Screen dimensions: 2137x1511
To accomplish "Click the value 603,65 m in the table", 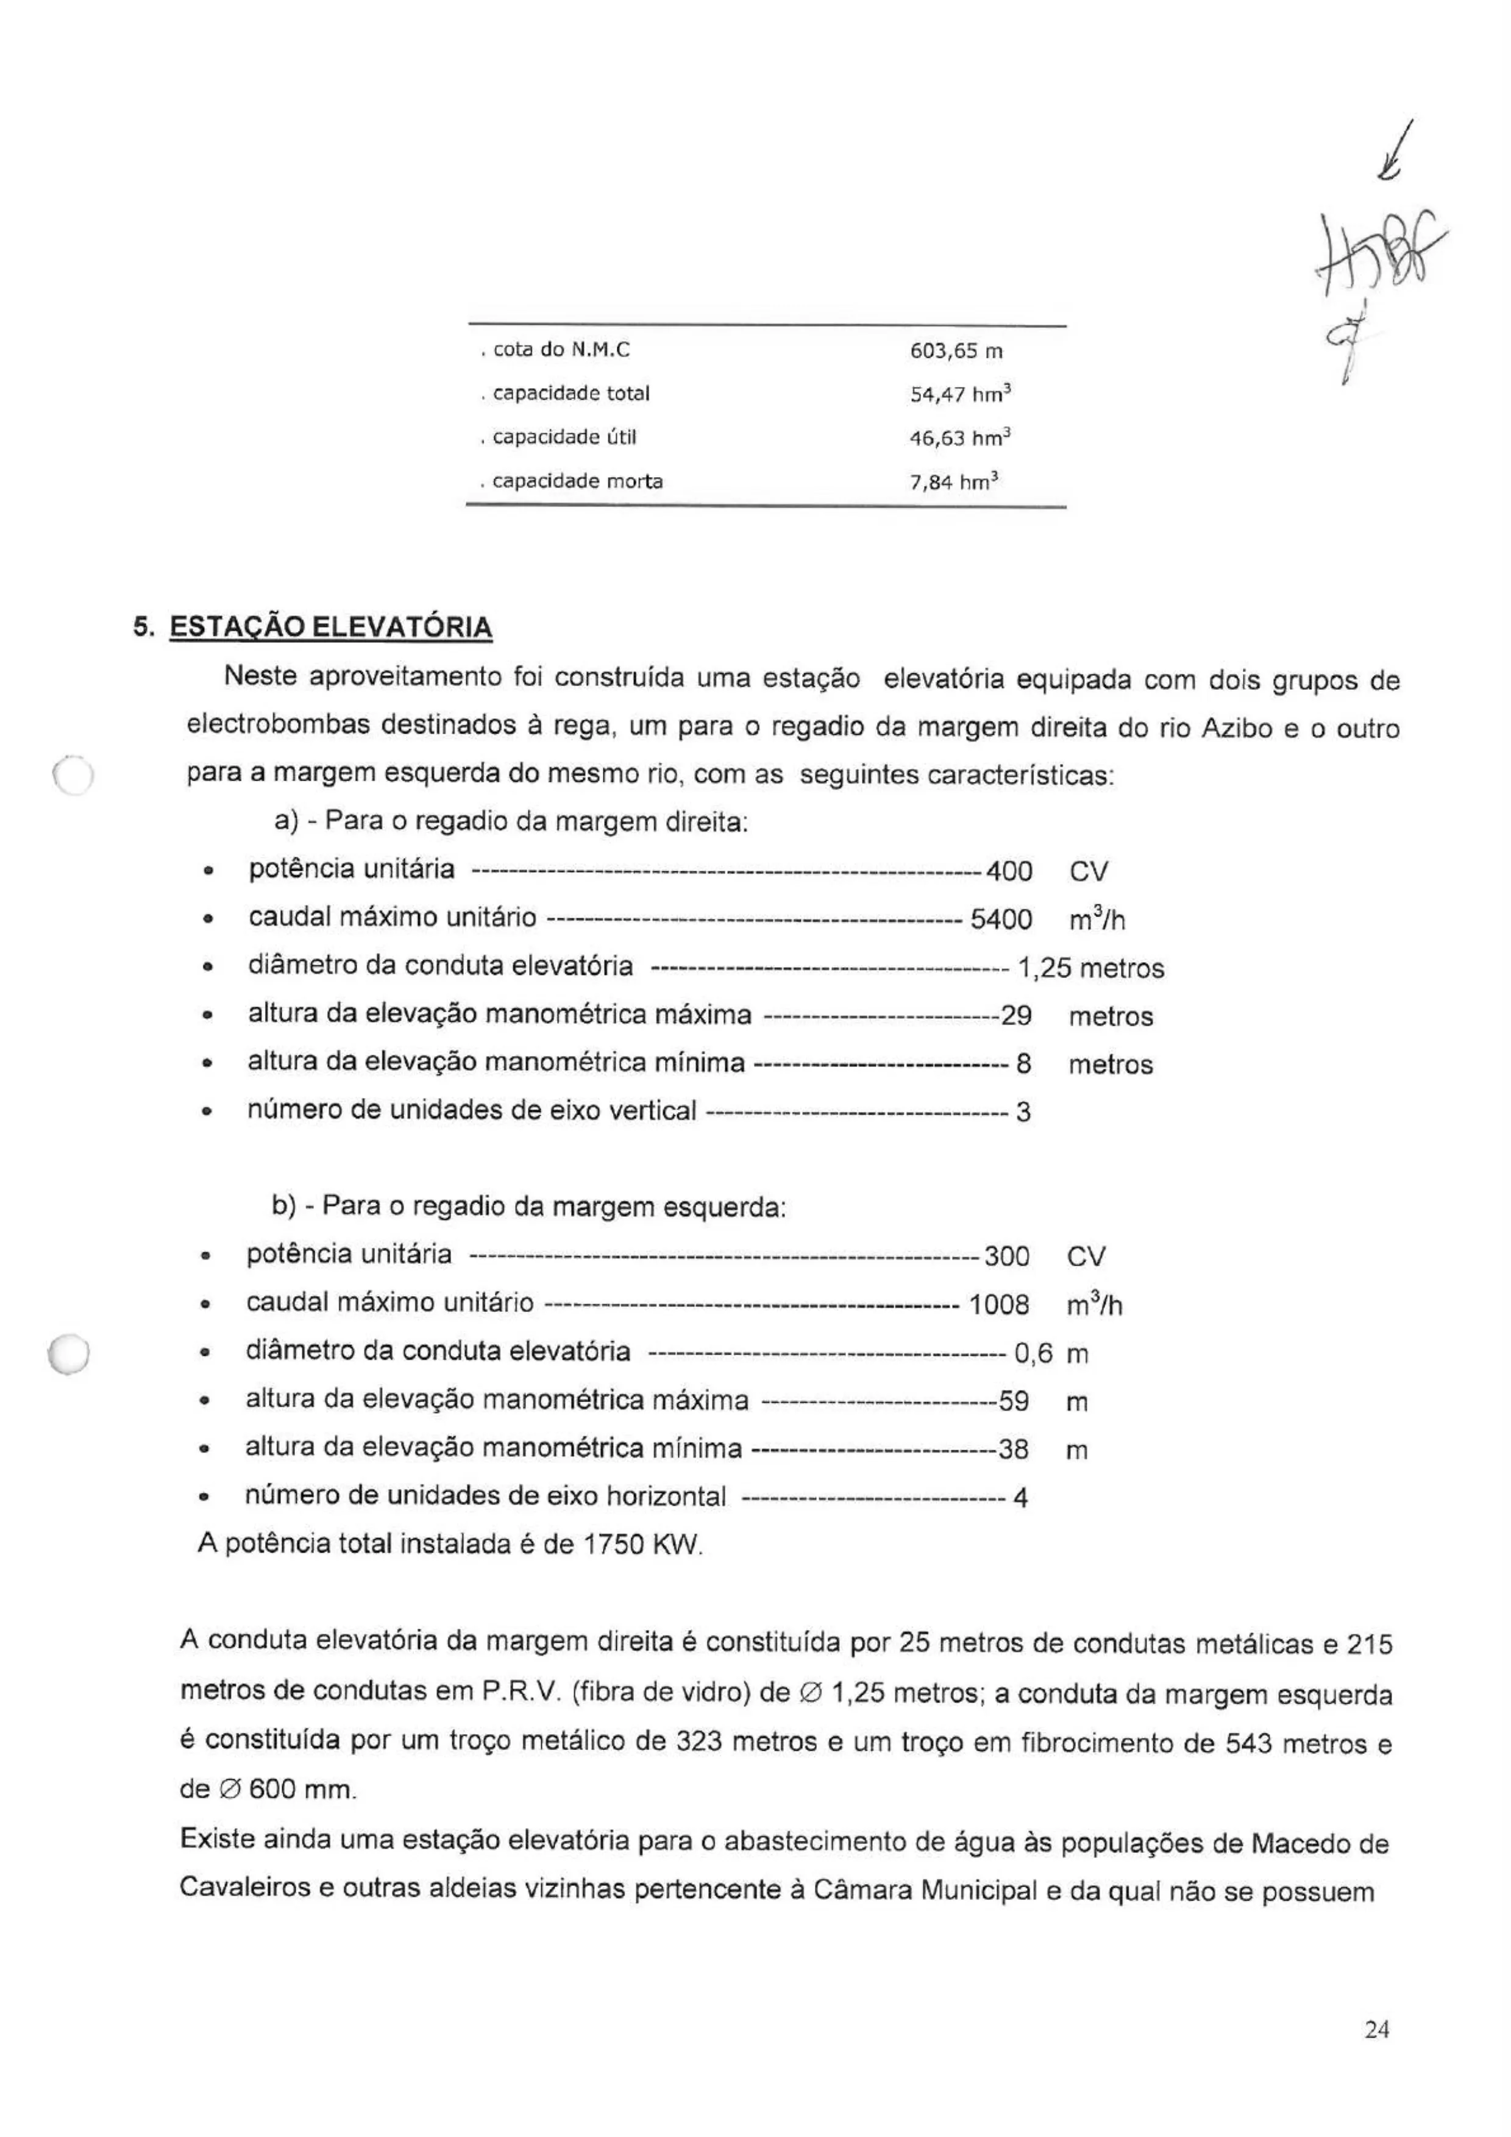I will click(x=955, y=352).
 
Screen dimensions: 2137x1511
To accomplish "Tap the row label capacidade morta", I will click(x=577, y=482).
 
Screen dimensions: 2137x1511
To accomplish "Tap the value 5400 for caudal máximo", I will click(x=1001, y=920).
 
